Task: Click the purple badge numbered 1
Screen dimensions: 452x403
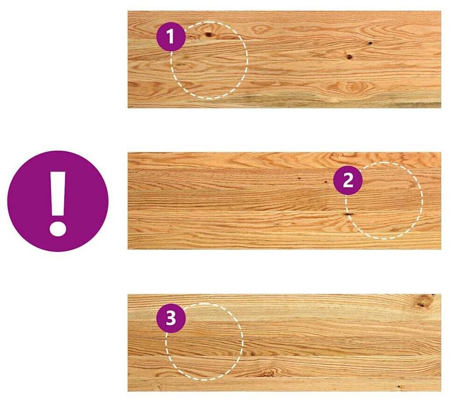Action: (171, 36)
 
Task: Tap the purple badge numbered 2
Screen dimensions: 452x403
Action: (348, 181)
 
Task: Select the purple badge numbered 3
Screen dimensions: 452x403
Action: (171, 319)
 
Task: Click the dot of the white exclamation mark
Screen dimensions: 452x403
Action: (58, 229)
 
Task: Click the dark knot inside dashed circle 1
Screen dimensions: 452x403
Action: (209, 35)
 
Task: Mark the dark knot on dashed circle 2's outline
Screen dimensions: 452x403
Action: (349, 214)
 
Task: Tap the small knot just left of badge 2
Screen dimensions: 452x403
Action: (325, 182)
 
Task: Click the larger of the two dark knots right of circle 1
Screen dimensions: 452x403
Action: (349, 57)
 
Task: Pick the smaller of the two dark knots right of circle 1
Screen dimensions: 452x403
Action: (370, 43)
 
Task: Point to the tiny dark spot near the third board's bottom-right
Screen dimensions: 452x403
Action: (399, 386)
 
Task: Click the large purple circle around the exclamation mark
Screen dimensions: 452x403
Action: (58, 201)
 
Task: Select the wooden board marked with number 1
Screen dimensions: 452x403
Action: (284, 59)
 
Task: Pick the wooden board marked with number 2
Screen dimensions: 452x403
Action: (284, 201)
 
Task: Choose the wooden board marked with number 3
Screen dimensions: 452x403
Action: (284, 343)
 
